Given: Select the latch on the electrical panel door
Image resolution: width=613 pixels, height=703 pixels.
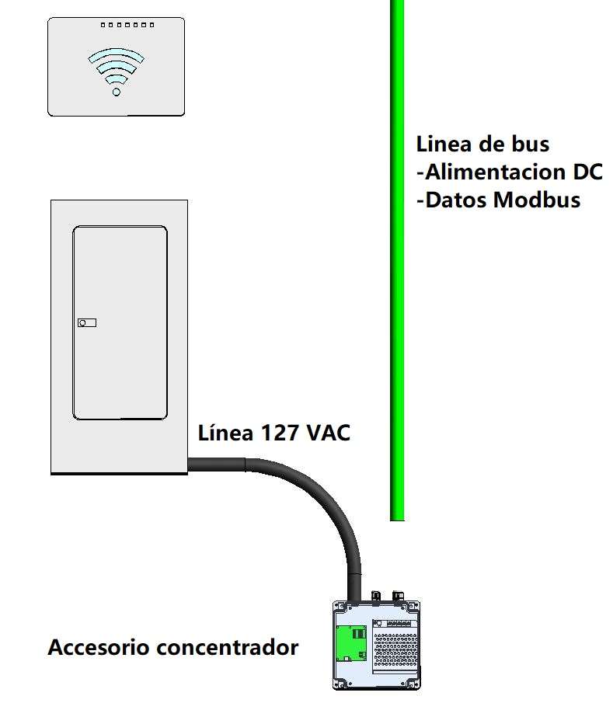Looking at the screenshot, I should [x=87, y=322].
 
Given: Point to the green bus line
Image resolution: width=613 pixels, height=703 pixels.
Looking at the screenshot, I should [x=397, y=311].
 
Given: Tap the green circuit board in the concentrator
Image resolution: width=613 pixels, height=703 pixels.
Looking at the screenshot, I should [x=352, y=642].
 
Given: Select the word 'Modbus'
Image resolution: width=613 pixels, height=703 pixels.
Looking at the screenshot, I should [x=536, y=200].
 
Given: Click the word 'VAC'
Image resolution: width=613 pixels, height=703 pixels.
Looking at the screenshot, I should [x=328, y=433].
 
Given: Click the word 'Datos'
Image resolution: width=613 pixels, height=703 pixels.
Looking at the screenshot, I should [x=455, y=200].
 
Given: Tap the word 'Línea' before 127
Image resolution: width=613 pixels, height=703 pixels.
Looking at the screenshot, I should [x=225, y=433].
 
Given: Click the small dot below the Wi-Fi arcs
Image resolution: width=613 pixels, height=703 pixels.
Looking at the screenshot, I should [x=117, y=92].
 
